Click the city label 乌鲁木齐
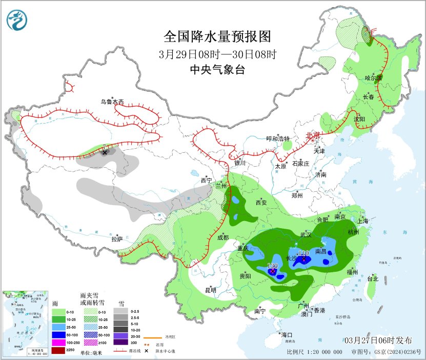click(112, 102)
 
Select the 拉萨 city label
click(117, 238)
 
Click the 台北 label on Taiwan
click(372, 279)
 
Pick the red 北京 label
click(313, 135)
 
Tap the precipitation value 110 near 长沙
click(303, 253)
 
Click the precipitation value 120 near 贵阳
click(272, 266)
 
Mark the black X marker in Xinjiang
click(105, 152)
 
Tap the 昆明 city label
click(211, 290)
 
